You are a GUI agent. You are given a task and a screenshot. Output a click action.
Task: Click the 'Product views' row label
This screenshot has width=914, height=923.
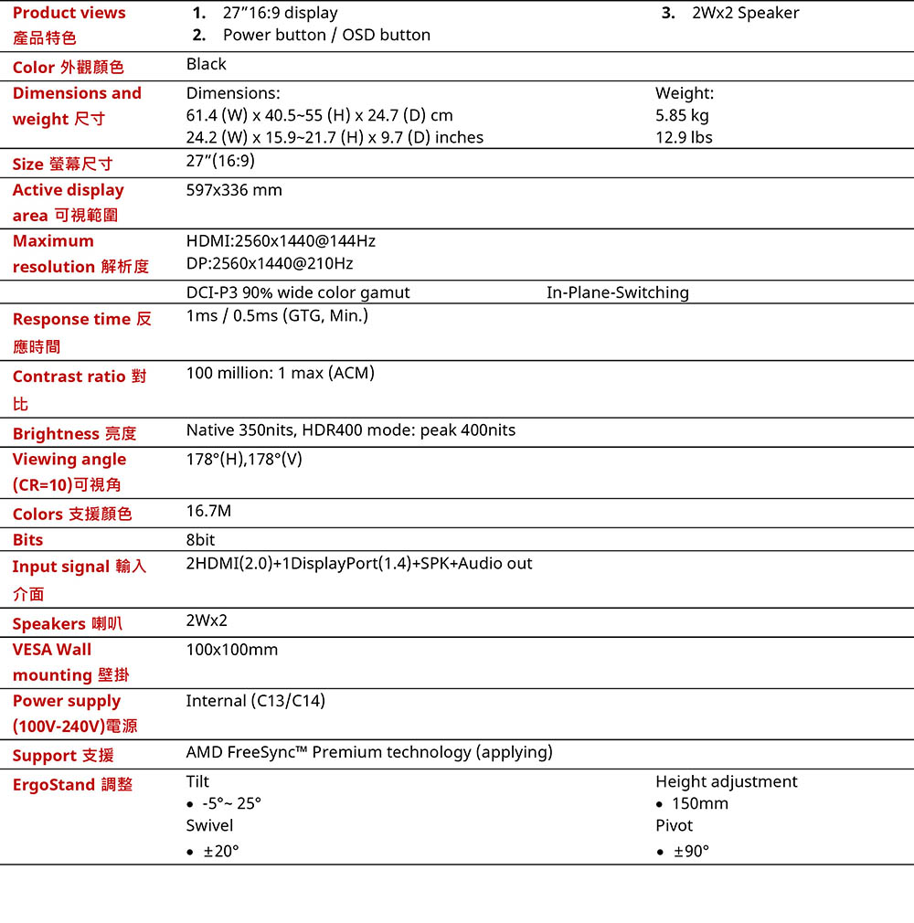click(69, 14)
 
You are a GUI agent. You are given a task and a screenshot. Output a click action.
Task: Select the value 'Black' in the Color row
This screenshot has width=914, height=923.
click(206, 64)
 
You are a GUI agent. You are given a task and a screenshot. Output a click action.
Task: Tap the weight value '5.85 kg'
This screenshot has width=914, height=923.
click(682, 115)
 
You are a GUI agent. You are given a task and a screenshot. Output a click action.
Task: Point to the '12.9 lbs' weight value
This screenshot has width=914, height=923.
click(684, 138)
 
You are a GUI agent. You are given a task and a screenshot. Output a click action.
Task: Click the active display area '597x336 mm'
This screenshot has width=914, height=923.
click(234, 190)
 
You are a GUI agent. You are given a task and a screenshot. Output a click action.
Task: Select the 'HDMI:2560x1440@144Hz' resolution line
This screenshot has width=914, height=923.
click(281, 241)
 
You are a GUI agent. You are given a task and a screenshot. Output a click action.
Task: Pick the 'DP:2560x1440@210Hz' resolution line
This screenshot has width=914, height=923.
click(270, 263)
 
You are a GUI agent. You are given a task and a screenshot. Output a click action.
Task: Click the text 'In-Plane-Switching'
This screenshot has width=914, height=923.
click(618, 292)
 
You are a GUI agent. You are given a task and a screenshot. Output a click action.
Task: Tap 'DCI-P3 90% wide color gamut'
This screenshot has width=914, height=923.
click(298, 292)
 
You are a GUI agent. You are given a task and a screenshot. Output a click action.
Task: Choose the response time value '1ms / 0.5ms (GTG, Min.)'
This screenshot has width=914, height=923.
click(277, 316)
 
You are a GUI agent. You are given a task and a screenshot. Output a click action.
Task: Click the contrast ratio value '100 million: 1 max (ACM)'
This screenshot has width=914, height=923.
click(280, 373)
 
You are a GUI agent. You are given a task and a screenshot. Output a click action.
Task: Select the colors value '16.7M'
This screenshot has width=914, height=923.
click(208, 510)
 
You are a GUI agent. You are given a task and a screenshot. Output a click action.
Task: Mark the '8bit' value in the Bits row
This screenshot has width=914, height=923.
click(200, 540)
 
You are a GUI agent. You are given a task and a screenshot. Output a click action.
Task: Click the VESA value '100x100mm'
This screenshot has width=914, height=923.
click(231, 650)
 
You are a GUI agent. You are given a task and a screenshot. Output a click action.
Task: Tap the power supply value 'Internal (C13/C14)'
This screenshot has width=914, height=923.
click(255, 701)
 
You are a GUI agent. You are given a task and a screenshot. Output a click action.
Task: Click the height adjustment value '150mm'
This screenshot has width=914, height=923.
click(699, 804)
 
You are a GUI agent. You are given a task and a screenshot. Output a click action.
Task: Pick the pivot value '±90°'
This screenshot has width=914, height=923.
click(691, 852)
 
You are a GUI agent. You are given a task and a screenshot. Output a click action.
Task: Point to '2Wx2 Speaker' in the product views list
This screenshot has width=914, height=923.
click(745, 14)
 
